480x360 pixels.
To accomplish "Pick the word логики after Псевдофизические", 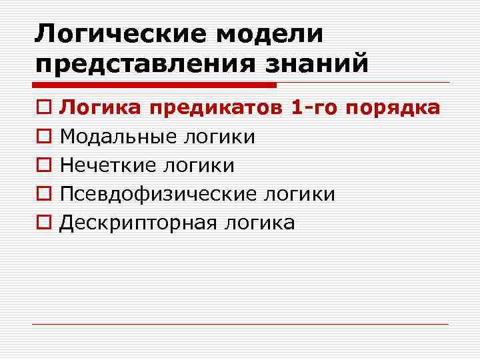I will [300, 194].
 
